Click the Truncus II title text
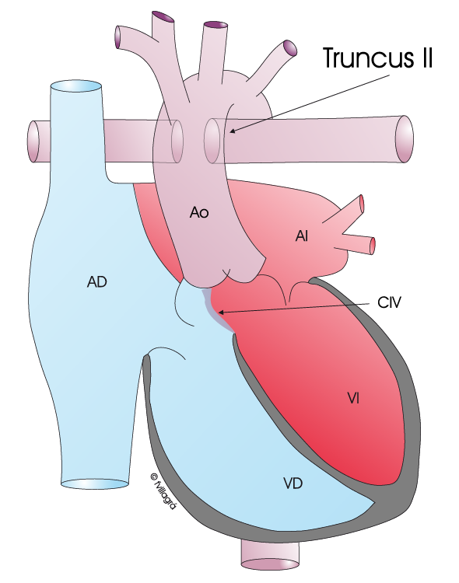pos(377,58)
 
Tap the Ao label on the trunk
pos(199,212)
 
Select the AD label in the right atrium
pos(96,282)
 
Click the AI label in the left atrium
pos(302,236)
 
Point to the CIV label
pos(389,302)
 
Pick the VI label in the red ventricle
pos(353,399)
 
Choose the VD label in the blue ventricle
pos(293,484)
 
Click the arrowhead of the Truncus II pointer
pos(233,131)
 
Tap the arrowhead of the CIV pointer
pos(221,312)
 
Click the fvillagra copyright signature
pos(163,491)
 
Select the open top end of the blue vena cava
pos(75,86)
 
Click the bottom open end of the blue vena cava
pos(95,484)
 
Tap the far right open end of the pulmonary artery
pos(405,139)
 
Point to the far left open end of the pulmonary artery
pos(33,141)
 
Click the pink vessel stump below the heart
pos(270,558)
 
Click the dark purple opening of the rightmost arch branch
pos(289,49)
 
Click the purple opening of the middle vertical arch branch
pos(215,25)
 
